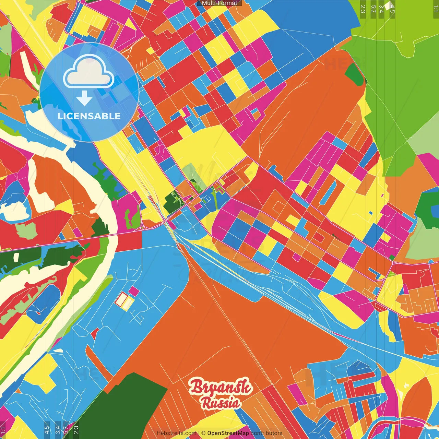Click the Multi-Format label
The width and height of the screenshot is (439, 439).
point(219,3)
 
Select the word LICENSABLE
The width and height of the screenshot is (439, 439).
point(89,116)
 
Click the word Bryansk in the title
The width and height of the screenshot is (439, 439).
point(221,387)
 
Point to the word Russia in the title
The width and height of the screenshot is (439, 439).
point(221,403)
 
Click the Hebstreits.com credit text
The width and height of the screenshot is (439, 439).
point(176,433)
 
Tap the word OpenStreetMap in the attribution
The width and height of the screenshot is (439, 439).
point(228,433)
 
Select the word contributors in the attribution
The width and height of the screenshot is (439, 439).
point(266,433)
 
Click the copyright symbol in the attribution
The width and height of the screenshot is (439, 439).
point(203,433)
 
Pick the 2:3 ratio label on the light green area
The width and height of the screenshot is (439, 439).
point(363,9)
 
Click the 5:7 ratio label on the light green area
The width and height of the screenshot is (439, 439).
point(373,9)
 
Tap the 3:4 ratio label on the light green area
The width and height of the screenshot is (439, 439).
point(381,9)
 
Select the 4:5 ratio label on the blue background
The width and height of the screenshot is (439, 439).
point(47,430)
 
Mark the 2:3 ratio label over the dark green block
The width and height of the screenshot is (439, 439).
point(76,430)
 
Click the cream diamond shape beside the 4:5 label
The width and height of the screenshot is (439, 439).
point(388,5)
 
